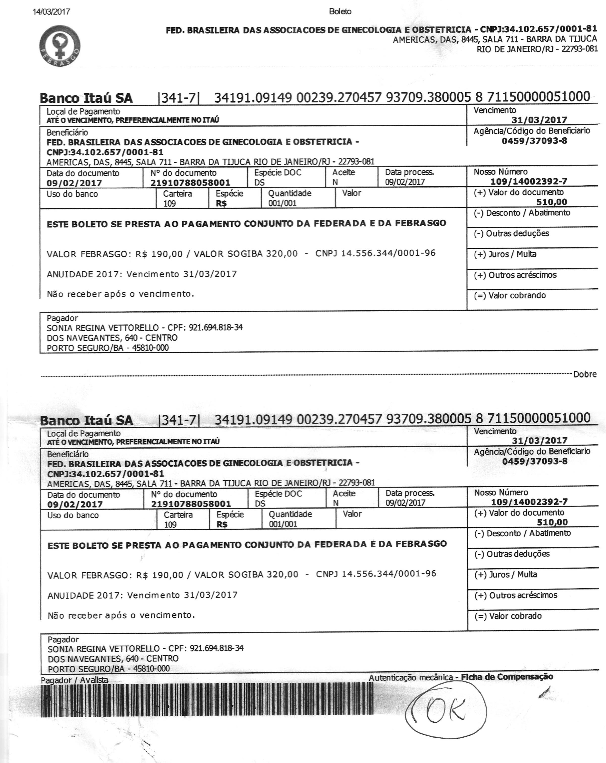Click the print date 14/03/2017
point(51,12)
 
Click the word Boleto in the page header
point(340,12)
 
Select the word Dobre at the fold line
point(585,374)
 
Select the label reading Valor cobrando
point(517,295)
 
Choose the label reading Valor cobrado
point(515,616)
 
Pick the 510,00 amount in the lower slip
point(552,522)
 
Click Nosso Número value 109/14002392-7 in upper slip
point(529,182)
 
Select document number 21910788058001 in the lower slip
point(191,504)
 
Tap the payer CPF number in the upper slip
point(216,327)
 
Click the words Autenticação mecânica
point(410,677)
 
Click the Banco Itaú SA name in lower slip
point(87,420)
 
